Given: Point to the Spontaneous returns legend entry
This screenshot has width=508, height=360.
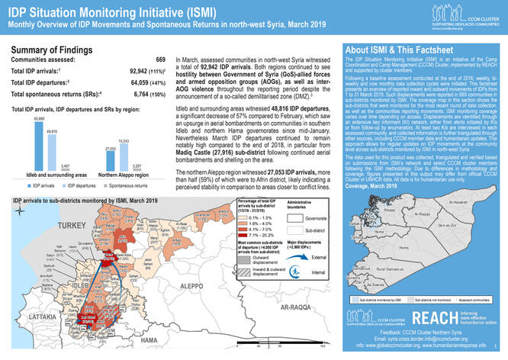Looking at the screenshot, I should pyautogui.click(x=128, y=207).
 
